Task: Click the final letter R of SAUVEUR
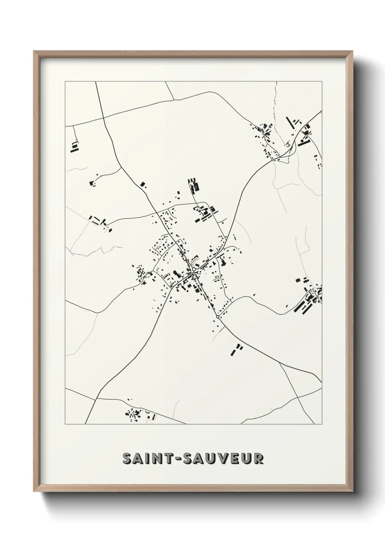[258, 459]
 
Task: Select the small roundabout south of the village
[218, 317]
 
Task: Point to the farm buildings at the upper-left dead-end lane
[75, 147]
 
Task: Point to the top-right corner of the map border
[322, 82]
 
